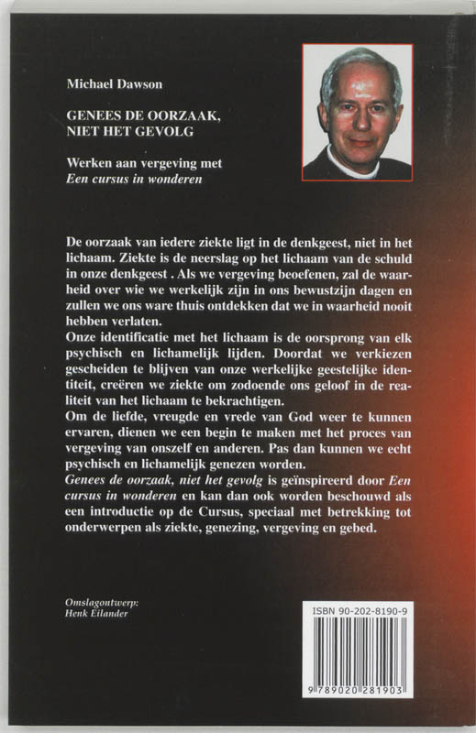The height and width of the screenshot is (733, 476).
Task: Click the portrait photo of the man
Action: tap(356, 111)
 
